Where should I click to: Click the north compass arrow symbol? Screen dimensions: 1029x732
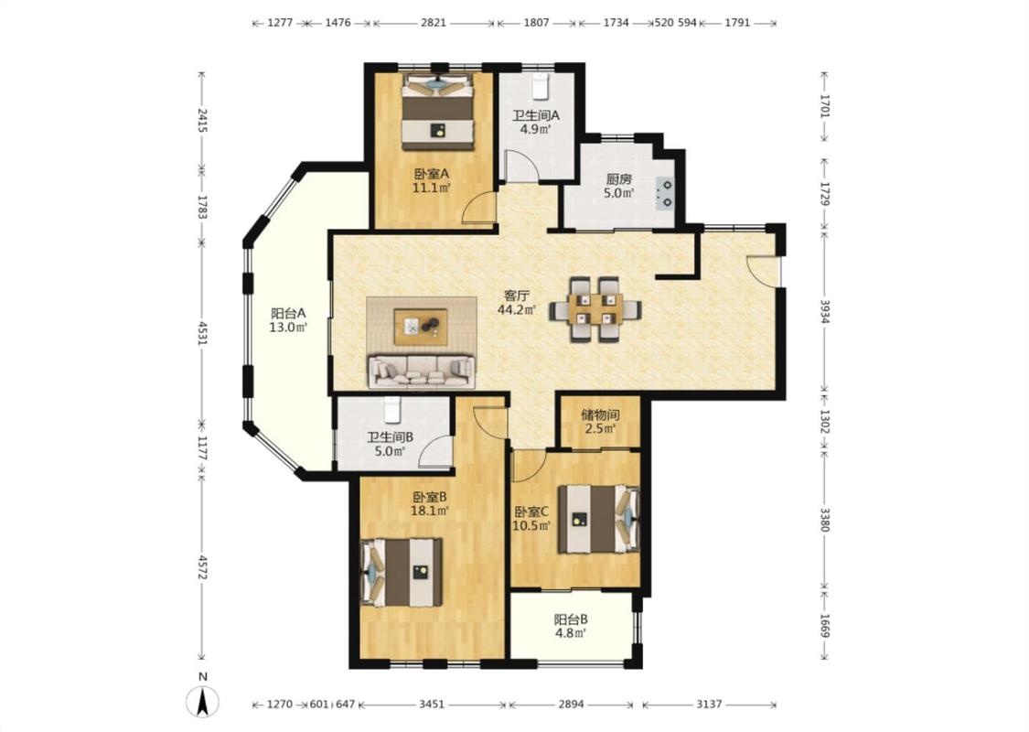tap(203, 702)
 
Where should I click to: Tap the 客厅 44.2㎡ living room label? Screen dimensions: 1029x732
tap(516, 303)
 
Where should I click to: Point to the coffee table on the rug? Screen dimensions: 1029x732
tap(421, 327)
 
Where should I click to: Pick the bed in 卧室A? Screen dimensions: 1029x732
tap(438, 111)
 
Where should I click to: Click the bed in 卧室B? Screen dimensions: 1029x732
tap(402, 573)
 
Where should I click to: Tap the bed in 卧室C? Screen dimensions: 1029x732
tap(598, 519)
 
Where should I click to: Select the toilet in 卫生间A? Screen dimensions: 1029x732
tap(540, 85)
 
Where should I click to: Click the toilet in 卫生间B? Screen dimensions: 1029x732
tap(391, 410)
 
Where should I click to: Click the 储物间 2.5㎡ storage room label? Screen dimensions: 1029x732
tap(600, 422)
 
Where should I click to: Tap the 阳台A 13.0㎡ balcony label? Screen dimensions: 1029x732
tap(289, 320)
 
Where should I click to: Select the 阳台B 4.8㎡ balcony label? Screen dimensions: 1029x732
tap(570, 626)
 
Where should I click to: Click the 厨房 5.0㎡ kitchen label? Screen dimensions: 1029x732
tap(619, 186)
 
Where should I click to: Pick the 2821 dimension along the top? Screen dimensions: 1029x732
tap(434, 22)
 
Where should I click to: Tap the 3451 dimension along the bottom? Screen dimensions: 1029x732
tap(431, 705)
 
